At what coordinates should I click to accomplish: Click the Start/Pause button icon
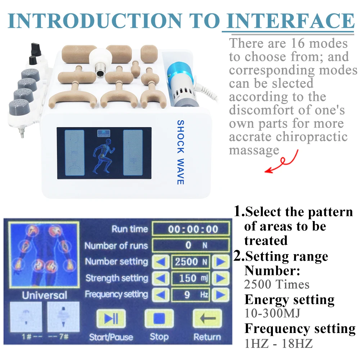click(x=111, y=319)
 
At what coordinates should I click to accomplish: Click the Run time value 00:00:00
click(x=190, y=229)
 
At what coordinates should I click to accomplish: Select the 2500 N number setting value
click(x=190, y=262)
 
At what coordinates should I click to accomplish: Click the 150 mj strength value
click(x=190, y=278)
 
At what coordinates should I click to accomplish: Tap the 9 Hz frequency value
click(x=190, y=295)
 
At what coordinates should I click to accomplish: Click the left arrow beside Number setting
click(x=161, y=262)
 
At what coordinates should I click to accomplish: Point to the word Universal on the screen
click(x=45, y=296)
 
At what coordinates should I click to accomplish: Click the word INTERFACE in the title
click(x=288, y=21)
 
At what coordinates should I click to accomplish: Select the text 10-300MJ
click(x=273, y=313)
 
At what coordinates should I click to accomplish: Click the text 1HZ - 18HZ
click(x=279, y=343)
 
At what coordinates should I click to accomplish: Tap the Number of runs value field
click(x=190, y=246)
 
